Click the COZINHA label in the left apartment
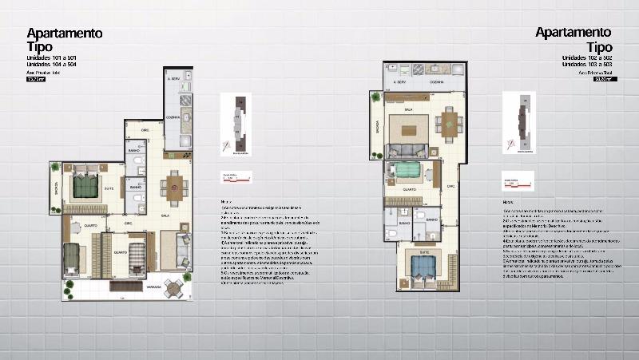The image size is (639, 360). [171, 118]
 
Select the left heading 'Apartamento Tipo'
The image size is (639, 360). [64, 39]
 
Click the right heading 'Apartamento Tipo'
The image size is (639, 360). [573, 39]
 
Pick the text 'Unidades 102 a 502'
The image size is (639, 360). [585, 57]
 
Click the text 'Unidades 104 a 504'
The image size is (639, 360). [53, 65]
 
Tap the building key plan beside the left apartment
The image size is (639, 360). [236, 124]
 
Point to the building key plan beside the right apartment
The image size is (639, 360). [519, 122]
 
